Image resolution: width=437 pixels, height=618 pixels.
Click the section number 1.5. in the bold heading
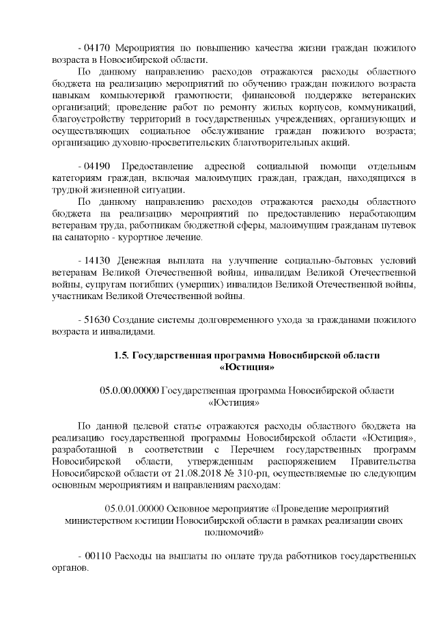click(121, 356)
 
